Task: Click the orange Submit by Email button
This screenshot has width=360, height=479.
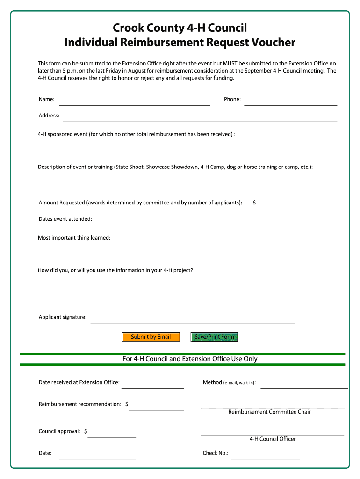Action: [151, 337]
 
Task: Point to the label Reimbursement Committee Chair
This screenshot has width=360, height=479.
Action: [269, 412]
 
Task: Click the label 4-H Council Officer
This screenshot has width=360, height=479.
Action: [273, 439]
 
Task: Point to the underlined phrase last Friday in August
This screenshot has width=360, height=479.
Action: [121, 71]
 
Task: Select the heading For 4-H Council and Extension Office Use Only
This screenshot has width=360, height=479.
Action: [190, 359]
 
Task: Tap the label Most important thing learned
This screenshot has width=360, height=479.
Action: [74, 238]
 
